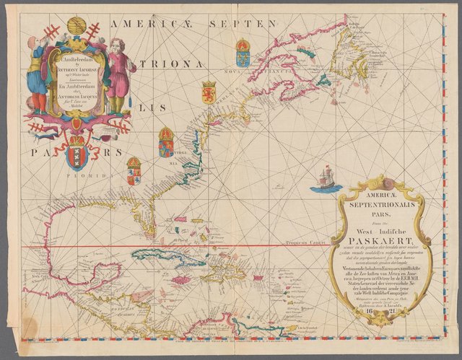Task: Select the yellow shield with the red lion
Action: click(209, 92)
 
